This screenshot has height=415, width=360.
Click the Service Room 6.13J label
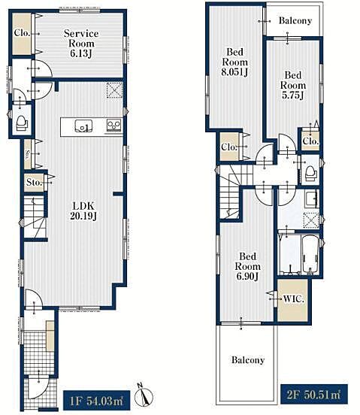[81, 44]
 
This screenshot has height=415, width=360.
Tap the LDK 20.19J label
[83, 211]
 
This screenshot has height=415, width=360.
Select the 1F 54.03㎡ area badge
[96, 401]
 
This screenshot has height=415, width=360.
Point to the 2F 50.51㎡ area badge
[313, 395]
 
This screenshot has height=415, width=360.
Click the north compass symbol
[144, 395]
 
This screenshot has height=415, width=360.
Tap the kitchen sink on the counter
[83, 126]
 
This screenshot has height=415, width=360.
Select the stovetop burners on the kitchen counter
[114, 126]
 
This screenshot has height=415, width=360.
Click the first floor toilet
[22, 123]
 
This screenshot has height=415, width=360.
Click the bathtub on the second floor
[310, 254]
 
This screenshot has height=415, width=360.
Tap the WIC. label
[294, 298]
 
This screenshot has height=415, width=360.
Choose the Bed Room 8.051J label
[235, 62]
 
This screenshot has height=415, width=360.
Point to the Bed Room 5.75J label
[293, 85]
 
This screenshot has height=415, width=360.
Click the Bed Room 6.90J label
[247, 266]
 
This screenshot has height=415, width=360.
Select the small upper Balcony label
[295, 20]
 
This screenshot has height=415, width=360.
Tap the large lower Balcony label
[248, 359]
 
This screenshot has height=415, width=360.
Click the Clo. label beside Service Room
[22, 33]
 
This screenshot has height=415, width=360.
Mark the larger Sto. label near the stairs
[34, 182]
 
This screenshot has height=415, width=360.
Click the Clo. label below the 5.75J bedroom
[310, 141]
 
